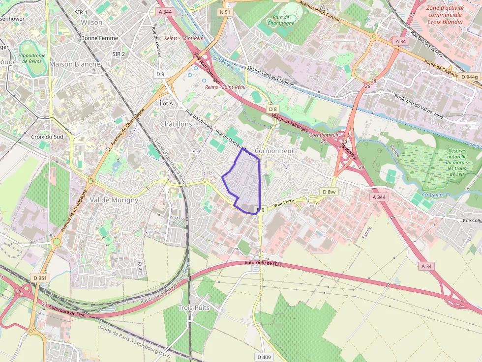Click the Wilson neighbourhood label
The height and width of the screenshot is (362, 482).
click(91, 22)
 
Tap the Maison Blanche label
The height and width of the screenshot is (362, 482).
click(75, 64)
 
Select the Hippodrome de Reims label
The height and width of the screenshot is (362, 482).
click(32, 58)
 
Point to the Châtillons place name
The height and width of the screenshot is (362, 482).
click(176, 124)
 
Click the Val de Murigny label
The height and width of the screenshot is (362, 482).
click(114, 200)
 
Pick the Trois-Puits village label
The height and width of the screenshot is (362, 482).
click(193, 307)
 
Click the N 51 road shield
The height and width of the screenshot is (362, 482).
click(225, 11)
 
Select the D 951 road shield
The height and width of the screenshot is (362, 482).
click(41, 278)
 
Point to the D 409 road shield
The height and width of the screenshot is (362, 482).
click(264, 357)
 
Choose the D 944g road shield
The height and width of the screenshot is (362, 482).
click(469, 77)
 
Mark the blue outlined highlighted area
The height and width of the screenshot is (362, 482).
click(244, 182)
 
